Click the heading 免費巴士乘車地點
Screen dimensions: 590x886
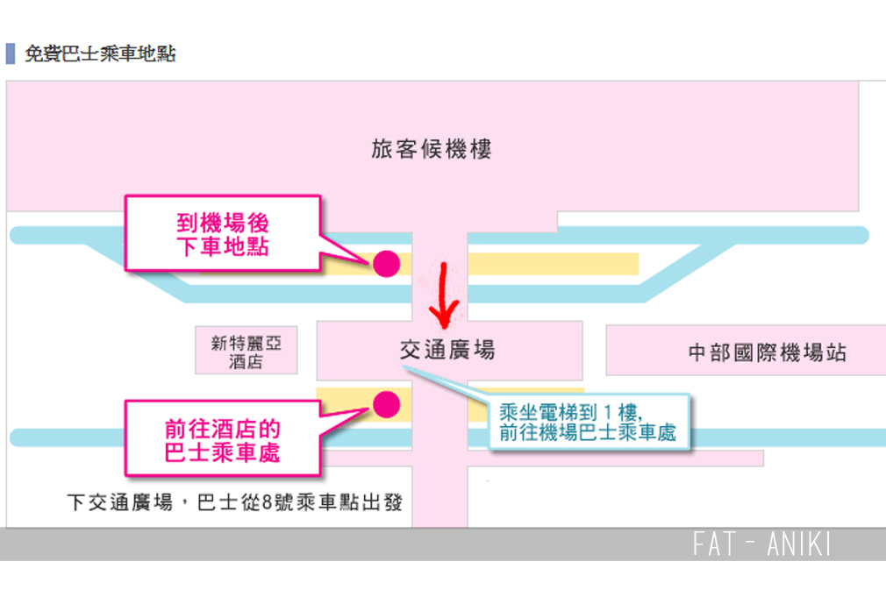click(100, 53)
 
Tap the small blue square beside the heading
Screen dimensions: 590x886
click(11, 53)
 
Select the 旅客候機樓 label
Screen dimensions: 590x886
click(432, 148)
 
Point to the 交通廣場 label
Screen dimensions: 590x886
click(447, 350)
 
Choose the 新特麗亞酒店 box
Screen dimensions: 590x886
click(246, 351)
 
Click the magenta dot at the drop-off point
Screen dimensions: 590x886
click(386, 263)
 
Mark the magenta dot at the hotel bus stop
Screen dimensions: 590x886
click(386, 403)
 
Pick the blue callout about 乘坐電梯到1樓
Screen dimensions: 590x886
click(588, 422)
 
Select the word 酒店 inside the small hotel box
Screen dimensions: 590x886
click(246, 361)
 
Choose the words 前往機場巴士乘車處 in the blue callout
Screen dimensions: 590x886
click(588, 432)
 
